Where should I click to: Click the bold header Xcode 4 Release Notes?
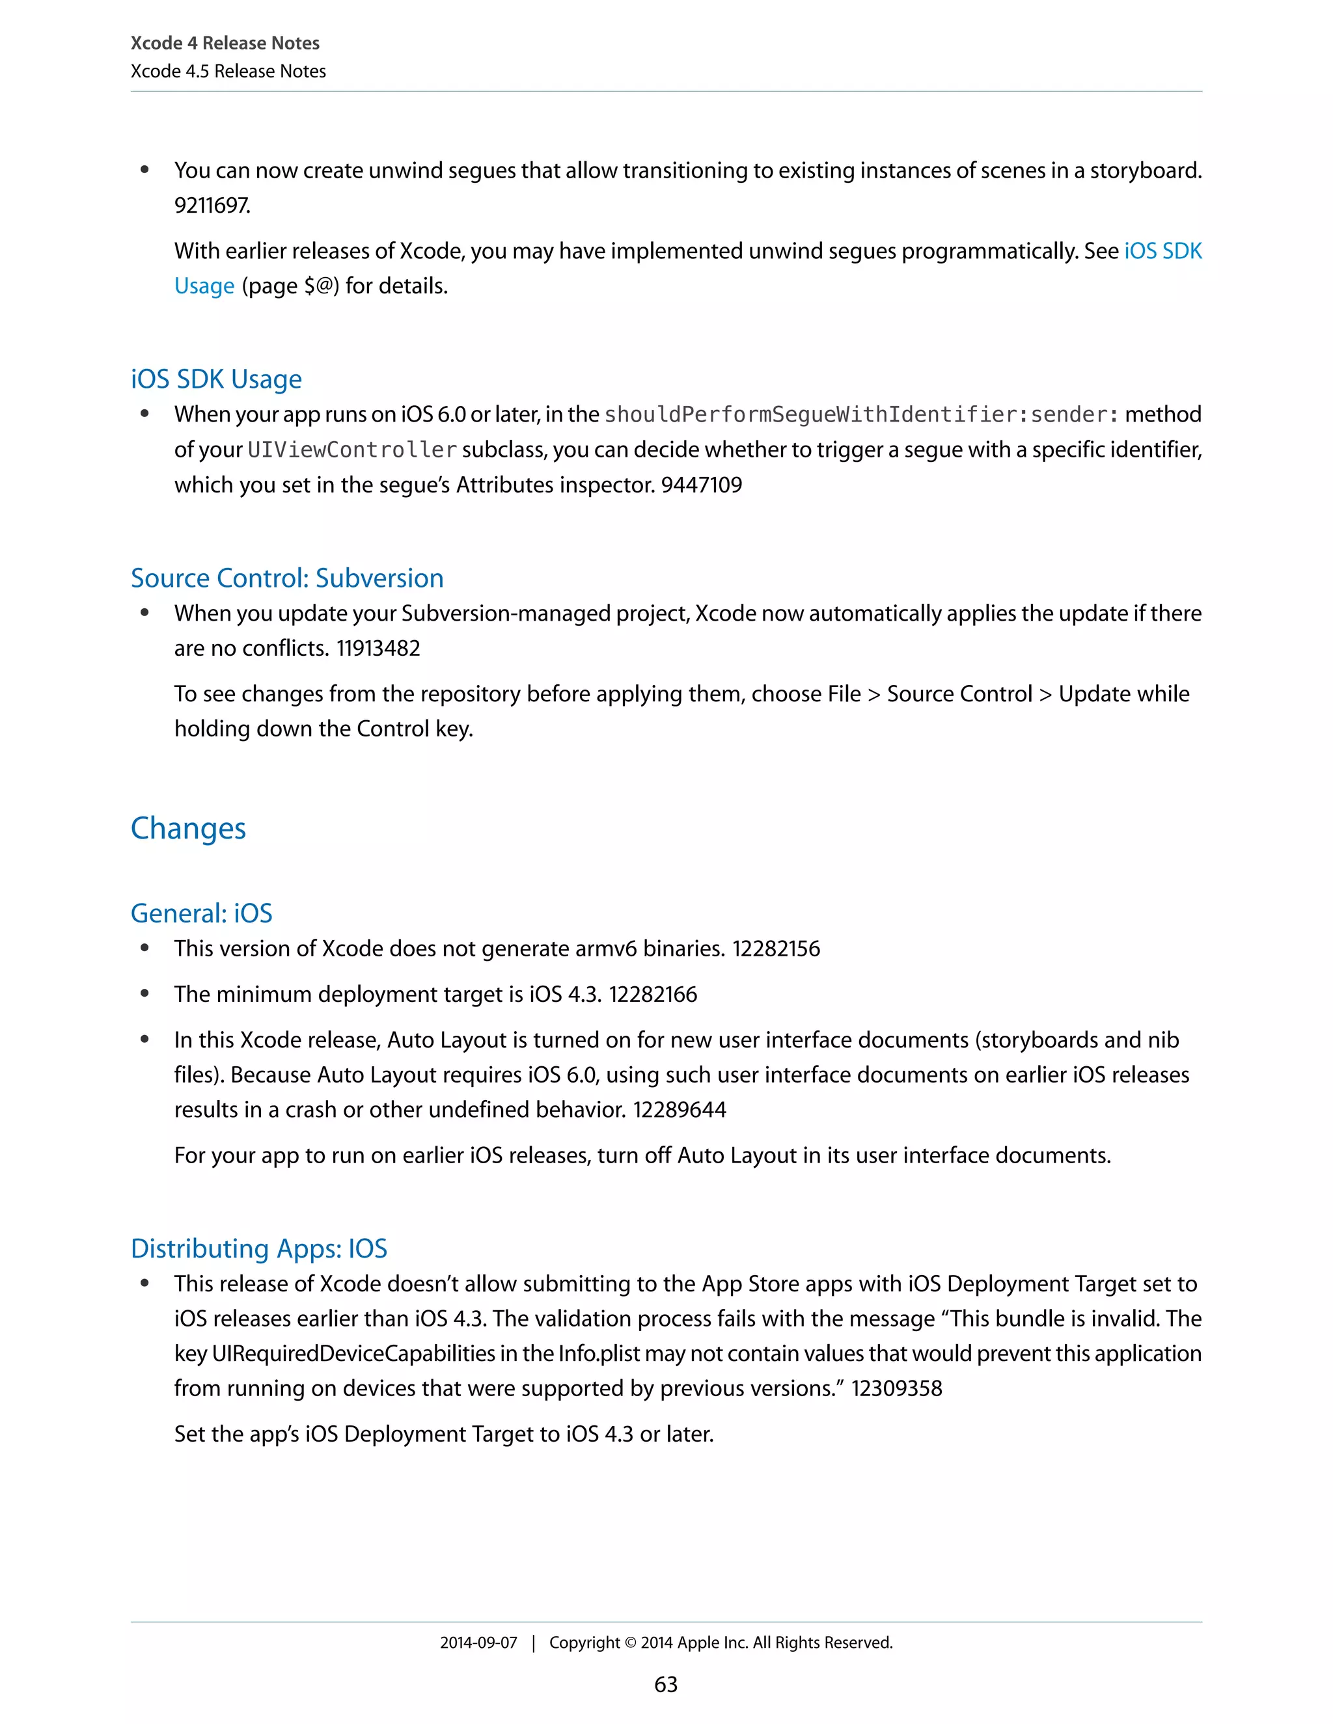coord(225,44)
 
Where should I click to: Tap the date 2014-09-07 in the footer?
coord(478,1643)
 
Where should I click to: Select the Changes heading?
coord(188,828)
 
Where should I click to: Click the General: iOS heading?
coord(201,913)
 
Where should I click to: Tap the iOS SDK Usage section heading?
coord(216,379)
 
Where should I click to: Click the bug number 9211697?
coord(212,206)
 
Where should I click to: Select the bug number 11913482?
coord(378,648)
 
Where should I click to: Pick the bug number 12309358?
coord(896,1388)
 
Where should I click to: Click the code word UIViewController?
coord(352,450)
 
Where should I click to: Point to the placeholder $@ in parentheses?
coord(319,286)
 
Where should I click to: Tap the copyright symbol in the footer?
coord(630,1643)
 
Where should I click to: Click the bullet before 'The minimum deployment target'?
coord(144,994)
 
